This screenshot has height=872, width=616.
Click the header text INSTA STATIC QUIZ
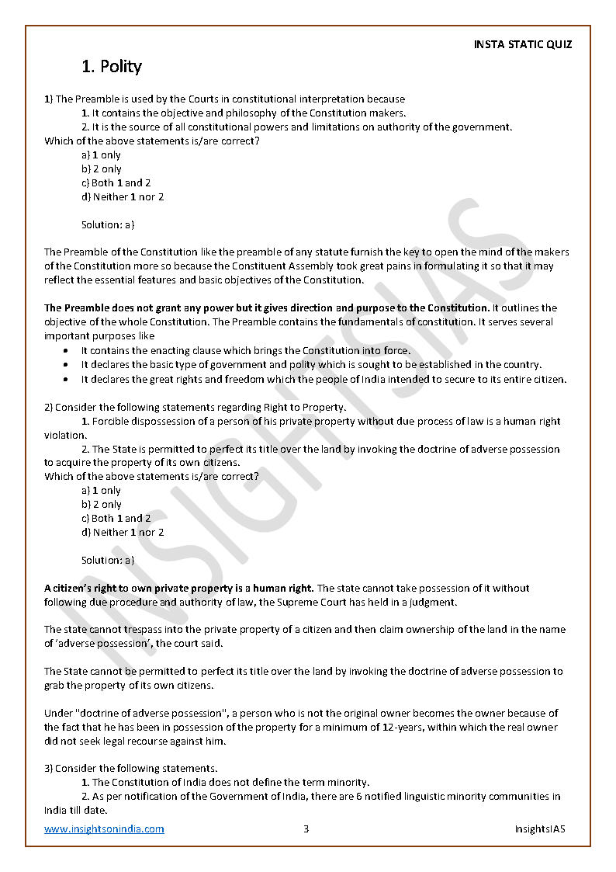click(x=522, y=44)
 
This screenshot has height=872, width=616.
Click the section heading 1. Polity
click(x=112, y=67)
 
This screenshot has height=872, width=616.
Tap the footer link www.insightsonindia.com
click(x=104, y=829)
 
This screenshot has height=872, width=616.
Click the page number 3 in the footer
click(x=306, y=829)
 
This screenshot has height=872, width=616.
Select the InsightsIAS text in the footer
click(x=540, y=829)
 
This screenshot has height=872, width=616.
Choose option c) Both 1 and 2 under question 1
click(x=116, y=183)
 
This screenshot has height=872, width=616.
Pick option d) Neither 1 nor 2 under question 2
click(x=123, y=533)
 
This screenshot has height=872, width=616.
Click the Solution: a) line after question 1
click(x=108, y=225)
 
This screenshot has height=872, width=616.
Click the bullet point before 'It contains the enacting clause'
click(x=64, y=351)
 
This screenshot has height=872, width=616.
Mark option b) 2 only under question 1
click(x=102, y=169)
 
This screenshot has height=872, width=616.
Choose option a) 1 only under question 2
click(x=102, y=491)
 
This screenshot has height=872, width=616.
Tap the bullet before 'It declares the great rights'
click(x=64, y=380)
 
